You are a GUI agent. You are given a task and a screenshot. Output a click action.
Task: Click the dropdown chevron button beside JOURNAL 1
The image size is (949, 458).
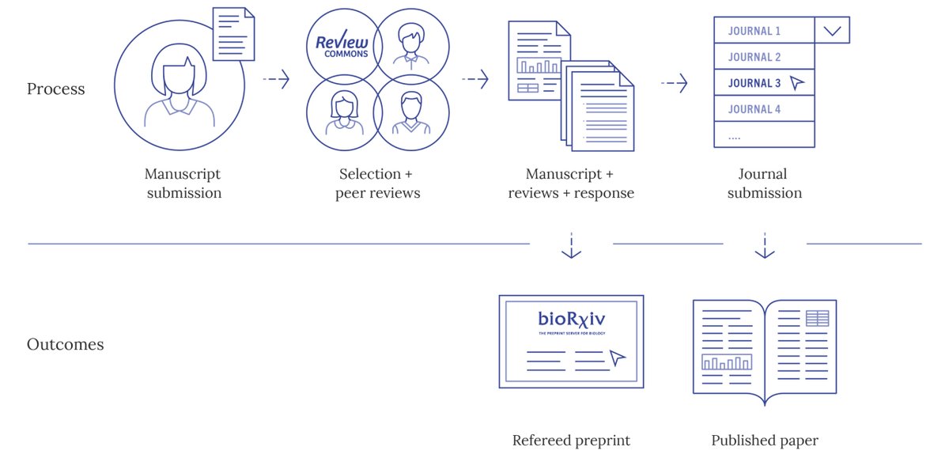pos(832,31)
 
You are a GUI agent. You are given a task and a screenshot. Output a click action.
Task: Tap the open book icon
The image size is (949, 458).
pos(764,349)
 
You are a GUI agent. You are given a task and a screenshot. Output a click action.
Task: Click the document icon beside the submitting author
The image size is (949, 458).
pos(233,34)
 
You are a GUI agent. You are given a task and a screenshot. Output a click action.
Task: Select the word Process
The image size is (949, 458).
pos(55,89)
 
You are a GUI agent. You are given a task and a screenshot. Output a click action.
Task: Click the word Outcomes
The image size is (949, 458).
pos(65,345)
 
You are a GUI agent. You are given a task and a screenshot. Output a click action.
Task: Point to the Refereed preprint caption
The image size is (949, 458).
pos(571,441)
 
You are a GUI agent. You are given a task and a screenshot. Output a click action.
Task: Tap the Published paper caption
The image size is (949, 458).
pos(764,441)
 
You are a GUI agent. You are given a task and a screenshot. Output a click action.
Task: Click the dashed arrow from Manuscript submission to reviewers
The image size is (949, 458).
pos(276,79)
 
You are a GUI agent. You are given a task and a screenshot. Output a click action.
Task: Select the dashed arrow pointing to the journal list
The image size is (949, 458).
pos(674,83)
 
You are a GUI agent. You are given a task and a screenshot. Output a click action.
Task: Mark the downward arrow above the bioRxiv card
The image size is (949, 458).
pos(571,246)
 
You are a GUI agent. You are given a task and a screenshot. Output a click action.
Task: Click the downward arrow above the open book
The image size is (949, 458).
pos(764,246)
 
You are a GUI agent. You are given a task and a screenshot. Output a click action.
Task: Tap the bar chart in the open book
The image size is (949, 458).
pos(726,362)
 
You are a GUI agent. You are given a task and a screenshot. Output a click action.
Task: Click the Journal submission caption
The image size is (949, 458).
pos(764,184)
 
